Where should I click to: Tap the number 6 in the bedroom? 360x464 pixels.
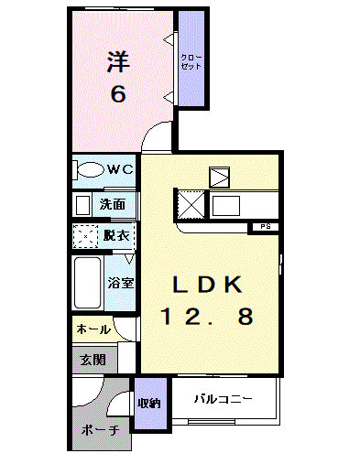(x=118, y=93)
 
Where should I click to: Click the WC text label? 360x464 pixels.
(x=120, y=169)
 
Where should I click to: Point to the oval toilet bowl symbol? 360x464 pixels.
(x=90, y=169)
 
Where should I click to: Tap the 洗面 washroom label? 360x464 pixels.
(x=113, y=204)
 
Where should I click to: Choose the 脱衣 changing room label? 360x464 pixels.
(x=116, y=236)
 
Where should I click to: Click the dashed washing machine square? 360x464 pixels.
(x=86, y=237)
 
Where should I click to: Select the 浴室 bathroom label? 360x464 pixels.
(x=121, y=283)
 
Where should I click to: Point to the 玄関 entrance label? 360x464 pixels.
(x=92, y=360)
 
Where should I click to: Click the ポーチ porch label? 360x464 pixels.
(x=100, y=430)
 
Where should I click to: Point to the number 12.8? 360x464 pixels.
(x=208, y=317)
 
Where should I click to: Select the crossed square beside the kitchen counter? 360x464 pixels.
(x=191, y=202)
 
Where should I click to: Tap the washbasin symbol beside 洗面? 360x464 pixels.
(x=83, y=204)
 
